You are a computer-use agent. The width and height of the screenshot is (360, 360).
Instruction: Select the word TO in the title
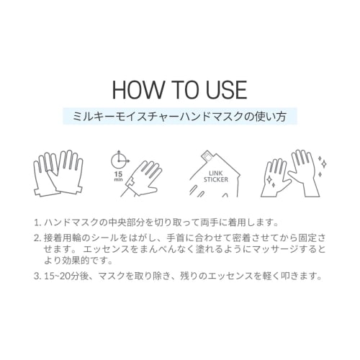coord(182,89)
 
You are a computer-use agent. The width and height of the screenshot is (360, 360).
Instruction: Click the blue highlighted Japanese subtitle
coord(180,115)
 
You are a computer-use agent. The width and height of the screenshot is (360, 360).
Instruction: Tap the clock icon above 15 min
coord(117,158)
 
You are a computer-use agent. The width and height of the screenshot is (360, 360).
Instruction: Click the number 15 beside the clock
coord(117,174)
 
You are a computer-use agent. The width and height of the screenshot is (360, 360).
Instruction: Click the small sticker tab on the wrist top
coord(207,154)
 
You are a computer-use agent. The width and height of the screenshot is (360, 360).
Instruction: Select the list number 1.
coord(37,223)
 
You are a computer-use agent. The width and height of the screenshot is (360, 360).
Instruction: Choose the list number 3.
coord(37,275)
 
